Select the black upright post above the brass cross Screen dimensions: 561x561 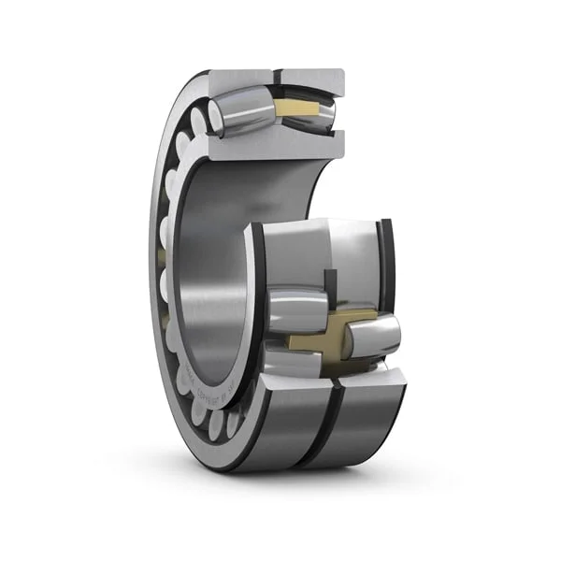coord(330,285)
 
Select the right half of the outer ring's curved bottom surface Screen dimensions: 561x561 coord(365,421)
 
